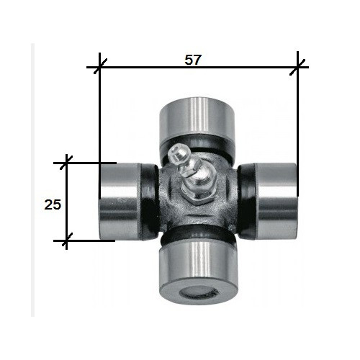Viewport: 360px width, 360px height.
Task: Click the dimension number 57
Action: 192,60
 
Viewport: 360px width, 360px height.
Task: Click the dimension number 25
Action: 52,204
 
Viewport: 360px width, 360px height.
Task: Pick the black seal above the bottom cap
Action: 196,238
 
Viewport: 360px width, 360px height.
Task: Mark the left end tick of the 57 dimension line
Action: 99,68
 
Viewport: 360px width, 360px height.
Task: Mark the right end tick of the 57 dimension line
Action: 297,68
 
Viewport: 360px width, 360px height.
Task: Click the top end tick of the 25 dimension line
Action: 67,163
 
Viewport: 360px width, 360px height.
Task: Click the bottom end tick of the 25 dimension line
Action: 67,241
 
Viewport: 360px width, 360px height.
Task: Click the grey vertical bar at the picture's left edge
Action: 32,180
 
